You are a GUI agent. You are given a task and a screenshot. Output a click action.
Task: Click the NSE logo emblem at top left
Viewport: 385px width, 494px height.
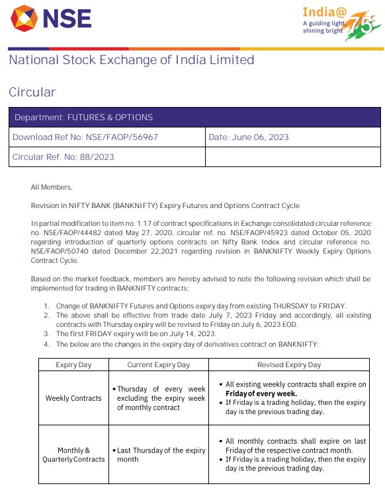25,18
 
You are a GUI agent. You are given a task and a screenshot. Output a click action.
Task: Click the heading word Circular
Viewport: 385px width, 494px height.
32,92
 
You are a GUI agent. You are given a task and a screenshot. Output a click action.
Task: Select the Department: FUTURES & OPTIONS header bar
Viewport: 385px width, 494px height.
194,118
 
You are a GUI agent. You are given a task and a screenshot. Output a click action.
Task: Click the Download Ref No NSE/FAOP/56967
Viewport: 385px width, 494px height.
85,137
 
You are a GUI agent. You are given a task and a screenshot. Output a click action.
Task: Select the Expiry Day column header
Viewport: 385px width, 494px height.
73,365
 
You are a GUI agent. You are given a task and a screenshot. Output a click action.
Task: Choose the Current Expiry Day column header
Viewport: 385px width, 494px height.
158,365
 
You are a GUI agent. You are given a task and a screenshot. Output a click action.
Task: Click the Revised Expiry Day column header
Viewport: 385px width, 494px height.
288,365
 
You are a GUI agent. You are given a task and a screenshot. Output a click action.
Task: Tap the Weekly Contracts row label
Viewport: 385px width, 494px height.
73,398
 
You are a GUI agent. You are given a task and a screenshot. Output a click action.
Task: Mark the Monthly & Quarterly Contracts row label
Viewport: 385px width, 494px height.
73,454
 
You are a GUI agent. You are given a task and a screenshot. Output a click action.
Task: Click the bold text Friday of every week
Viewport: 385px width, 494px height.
261,394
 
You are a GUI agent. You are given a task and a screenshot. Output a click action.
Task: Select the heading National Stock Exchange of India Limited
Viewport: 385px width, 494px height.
131,60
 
